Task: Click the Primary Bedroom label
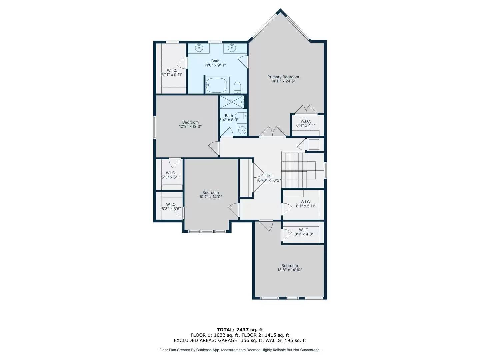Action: pyautogui.click(x=283, y=77)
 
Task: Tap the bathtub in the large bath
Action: pyautogui.click(x=216, y=85)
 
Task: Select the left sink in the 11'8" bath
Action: pyautogui.click(x=199, y=48)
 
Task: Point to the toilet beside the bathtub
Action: pyautogui.click(x=237, y=87)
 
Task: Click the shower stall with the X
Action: pyautogui.click(x=232, y=102)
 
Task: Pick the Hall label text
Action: pyautogui.click(x=269, y=176)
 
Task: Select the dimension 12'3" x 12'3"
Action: pyautogui.click(x=190, y=126)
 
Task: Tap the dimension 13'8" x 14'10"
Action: pyautogui.click(x=289, y=270)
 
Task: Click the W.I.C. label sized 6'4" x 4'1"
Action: pyautogui.click(x=305, y=121)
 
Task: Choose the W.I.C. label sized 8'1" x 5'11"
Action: pyautogui.click(x=305, y=202)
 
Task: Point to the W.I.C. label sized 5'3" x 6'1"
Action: pyautogui.click(x=171, y=173)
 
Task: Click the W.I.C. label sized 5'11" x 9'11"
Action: pyautogui.click(x=172, y=70)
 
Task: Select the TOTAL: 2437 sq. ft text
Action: pyautogui.click(x=240, y=330)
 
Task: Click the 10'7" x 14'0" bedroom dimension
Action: pyautogui.click(x=210, y=197)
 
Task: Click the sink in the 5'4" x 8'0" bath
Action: pyautogui.click(x=242, y=130)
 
